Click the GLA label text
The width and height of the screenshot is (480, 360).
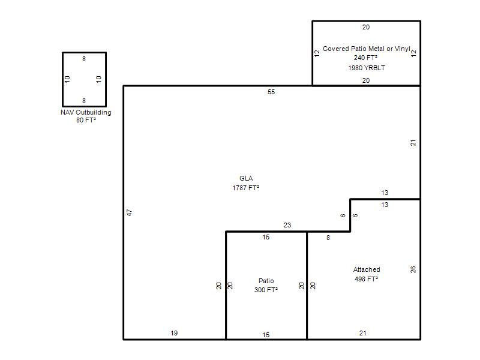click(x=246, y=178)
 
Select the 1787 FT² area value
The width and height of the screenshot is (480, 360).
click(x=245, y=188)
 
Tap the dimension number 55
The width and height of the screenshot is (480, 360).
click(x=271, y=92)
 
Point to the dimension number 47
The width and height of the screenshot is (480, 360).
click(x=130, y=212)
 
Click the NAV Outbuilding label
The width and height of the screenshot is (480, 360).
click(x=86, y=112)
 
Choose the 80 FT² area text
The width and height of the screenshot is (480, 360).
click(x=86, y=121)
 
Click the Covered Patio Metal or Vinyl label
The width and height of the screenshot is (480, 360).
click(x=367, y=49)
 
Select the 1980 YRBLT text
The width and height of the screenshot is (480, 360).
click(x=367, y=68)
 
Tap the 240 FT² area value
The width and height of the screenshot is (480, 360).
click(x=366, y=58)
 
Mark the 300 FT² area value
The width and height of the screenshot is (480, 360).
click(x=266, y=290)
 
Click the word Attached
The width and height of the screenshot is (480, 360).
click(x=367, y=269)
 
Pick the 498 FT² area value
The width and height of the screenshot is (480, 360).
click(x=367, y=279)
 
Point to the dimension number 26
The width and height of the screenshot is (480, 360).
click(x=413, y=269)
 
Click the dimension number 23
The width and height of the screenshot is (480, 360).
click(x=287, y=226)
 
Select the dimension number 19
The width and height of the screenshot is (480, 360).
click(x=174, y=333)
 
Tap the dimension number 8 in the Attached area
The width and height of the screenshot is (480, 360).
click(x=328, y=238)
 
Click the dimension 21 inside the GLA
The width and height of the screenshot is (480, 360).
click(x=413, y=143)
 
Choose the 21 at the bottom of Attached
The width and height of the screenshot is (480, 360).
click(x=363, y=333)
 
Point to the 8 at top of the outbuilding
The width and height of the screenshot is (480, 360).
click(x=84, y=59)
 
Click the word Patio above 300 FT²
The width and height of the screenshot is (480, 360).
click(x=266, y=281)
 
